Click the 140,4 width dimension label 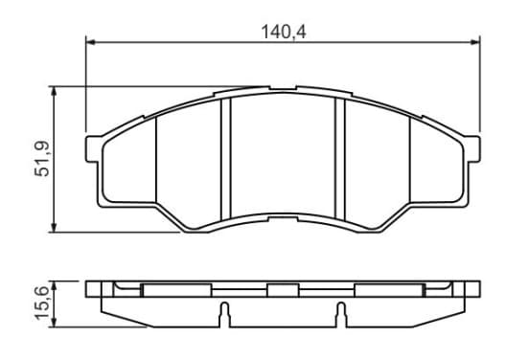pyautogui.click(x=284, y=32)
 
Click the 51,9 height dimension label pyautogui.click(x=42, y=159)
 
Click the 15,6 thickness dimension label pyautogui.click(x=42, y=303)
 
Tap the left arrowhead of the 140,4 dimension pyautogui.click(x=91, y=42)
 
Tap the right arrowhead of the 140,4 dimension pyautogui.click(x=475, y=42)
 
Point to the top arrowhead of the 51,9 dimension pyautogui.click(x=54, y=91)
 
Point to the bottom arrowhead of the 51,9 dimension pyautogui.click(x=54, y=227)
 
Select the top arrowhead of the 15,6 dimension pyautogui.click(x=54, y=285)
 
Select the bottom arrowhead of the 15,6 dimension pyautogui.click(x=54, y=322)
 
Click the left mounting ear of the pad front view pyautogui.click(x=92, y=149)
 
